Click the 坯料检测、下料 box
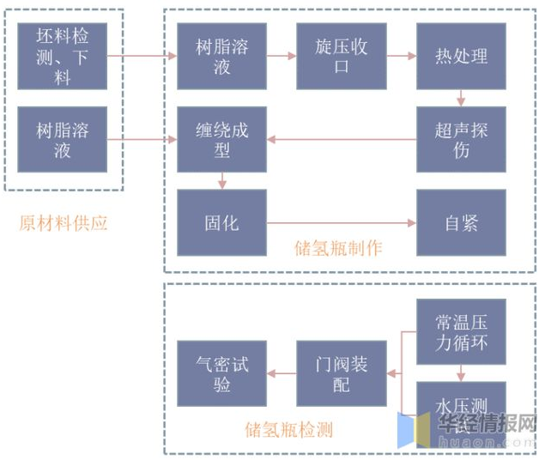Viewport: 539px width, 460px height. pyautogui.click(x=62, y=56)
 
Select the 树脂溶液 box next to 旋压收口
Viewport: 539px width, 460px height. pyautogui.click(x=221, y=56)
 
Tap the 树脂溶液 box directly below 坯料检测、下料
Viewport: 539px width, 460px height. pyautogui.click(x=62, y=140)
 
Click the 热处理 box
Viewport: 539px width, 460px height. pyautogui.click(x=461, y=56)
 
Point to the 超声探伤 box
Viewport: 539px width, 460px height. pyautogui.click(x=461, y=140)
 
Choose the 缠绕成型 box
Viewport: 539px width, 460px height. pyautogui.click(x=221, y=140)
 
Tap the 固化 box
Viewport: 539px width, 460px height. pyautogui.click(x=221, y=223)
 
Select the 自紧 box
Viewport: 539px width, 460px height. pyautogui.click(x=461, y=223)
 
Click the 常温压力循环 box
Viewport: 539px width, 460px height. pyautogui.click(x=461, y=332)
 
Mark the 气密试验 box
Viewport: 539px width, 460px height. pyautogui.click(x=221, y=373)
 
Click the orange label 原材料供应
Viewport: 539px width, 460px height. pyautogui.click(x=64, y=223)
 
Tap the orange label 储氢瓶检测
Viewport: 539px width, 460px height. pyautogui.click(x=288, y=429)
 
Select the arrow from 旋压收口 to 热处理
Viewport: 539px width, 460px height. pyautogui.click(x=401, y=56)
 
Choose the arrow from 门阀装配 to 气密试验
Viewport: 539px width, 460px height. pyautogui.click(x=282, y=373)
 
